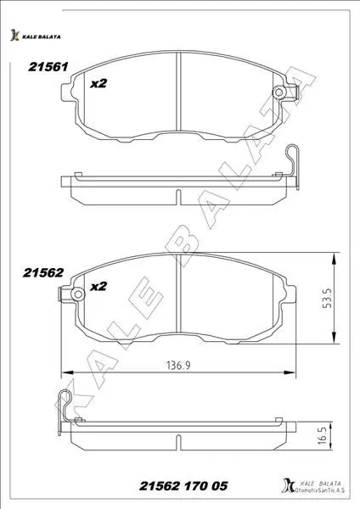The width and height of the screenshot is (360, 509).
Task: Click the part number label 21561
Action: coord(48,67)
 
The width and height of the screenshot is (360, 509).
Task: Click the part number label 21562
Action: coord(43,272)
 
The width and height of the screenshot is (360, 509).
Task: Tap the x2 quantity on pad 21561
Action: coord(98,83)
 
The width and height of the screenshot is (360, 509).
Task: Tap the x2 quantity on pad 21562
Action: coord(98,287)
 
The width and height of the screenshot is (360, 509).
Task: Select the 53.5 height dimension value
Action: coord(327,298)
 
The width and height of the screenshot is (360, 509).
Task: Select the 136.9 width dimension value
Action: coord(178,366)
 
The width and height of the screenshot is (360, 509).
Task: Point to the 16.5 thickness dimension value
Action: coord(323,435)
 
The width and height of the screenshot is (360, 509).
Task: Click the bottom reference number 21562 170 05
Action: coord(183,485)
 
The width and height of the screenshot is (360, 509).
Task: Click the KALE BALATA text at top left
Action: coord(42,36)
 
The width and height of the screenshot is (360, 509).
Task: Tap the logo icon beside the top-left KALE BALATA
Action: coord(14,35)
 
